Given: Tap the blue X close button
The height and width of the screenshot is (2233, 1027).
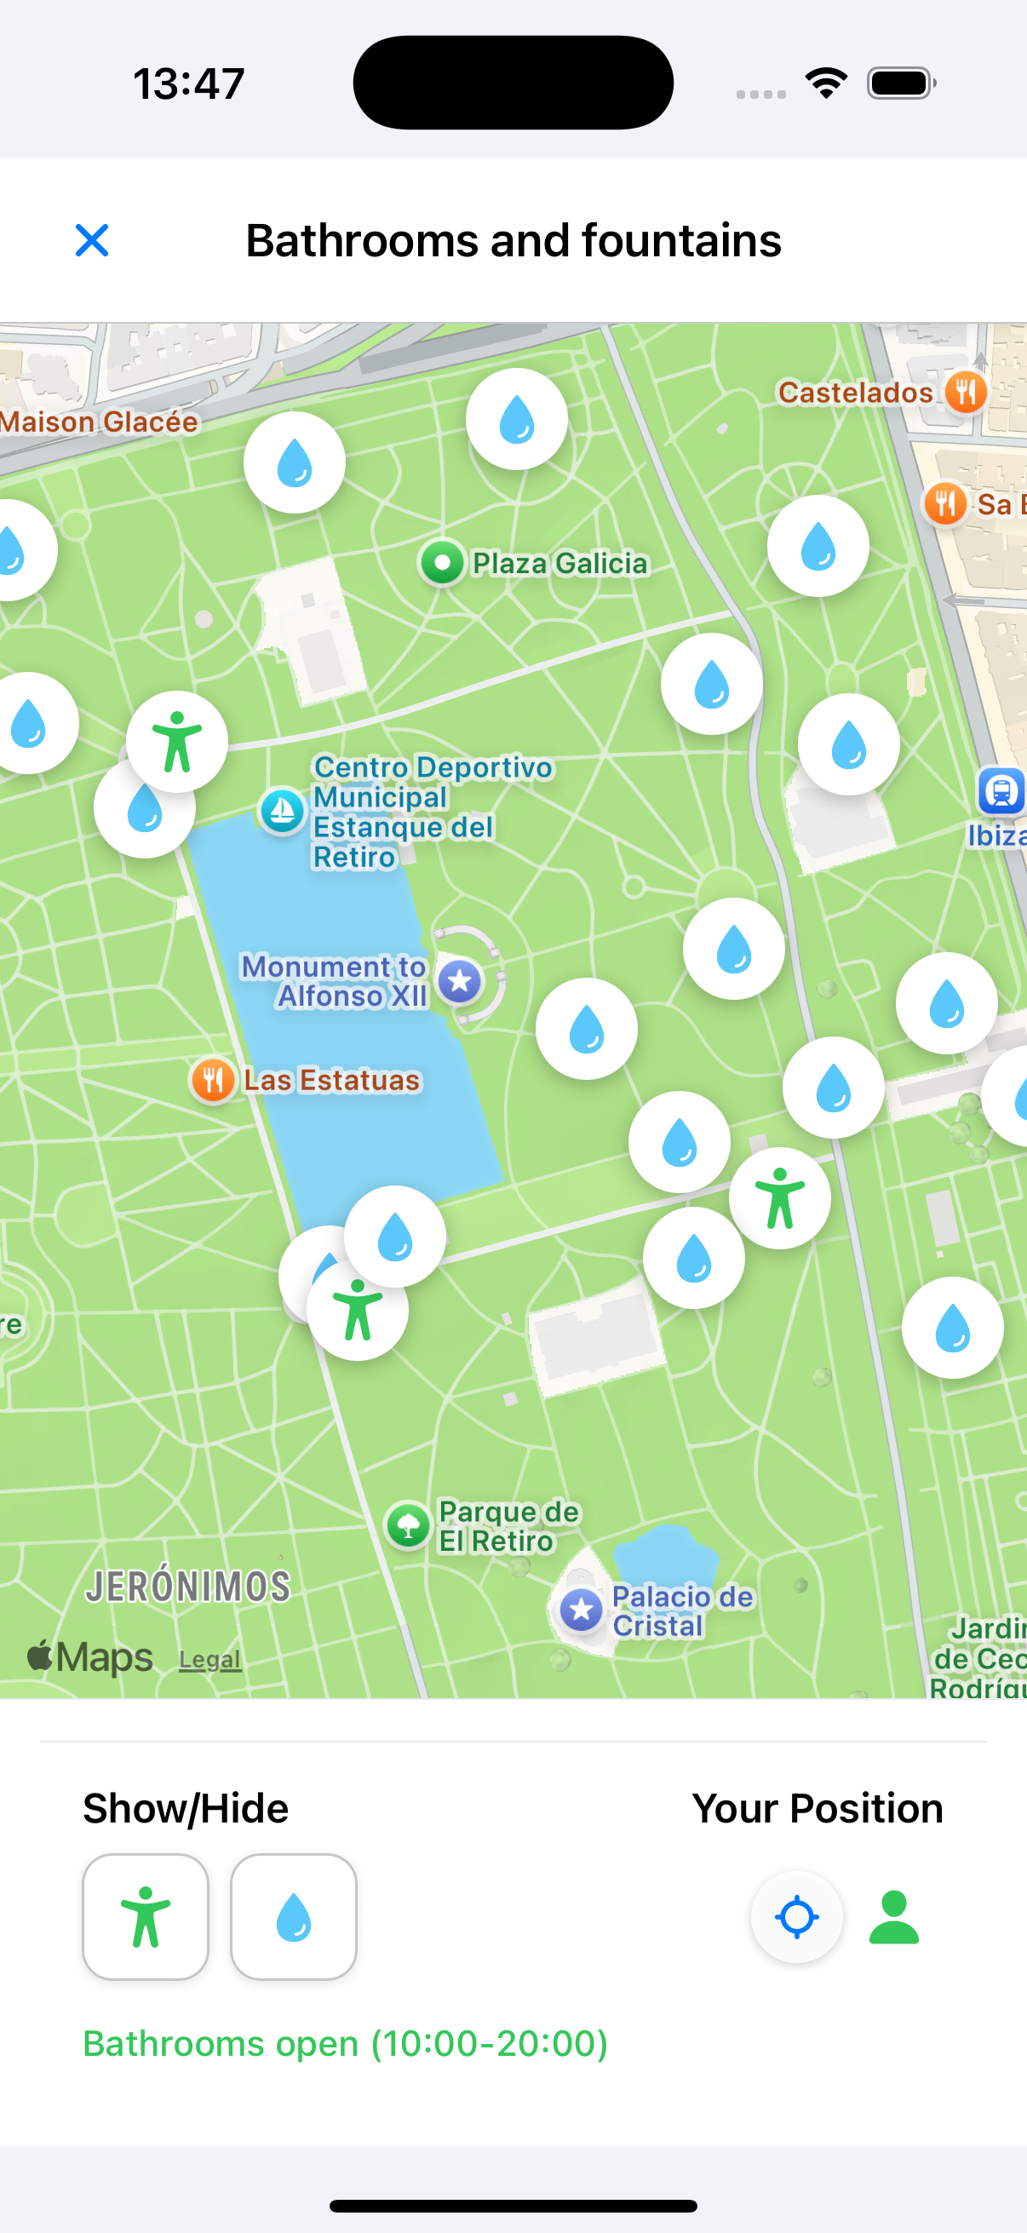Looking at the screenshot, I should (x=92, y=240).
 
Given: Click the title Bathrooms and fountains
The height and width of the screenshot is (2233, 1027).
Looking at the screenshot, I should (x=513, y=240).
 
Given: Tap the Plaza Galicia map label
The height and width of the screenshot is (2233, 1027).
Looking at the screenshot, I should (x=559, y=564).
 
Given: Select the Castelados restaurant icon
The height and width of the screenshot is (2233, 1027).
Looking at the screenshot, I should (x=965, y=393).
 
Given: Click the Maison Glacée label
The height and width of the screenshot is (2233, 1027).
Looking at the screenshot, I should (x=98, y=422).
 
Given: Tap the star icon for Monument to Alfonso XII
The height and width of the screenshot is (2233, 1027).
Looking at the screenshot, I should (x=459, y=981).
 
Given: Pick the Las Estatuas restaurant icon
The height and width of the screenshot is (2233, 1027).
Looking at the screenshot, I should (x=212, y=1080).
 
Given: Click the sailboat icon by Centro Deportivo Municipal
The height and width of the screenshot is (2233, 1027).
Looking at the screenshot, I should (x=283, y=812).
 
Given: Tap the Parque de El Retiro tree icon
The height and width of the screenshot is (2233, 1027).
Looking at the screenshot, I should (x=408, y=1525).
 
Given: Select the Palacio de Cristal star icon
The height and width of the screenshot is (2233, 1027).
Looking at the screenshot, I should (x=581, y=1610).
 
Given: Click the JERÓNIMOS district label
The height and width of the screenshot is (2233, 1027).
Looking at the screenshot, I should (x=187, y=1587).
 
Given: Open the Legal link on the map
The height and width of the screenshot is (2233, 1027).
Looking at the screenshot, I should (x=209, y=1660).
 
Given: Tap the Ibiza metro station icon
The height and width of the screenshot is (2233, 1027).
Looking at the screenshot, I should (x=1001, y=790).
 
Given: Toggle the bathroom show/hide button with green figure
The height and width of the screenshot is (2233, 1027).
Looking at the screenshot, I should (x=146, y=1916).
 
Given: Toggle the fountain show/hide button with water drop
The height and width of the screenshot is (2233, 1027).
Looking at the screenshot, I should (x=294, y=1916).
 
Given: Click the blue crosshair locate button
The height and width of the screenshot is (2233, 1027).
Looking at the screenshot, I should (x=796, y=1916).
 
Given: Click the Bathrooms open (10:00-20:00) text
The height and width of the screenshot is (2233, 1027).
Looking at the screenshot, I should (x=345, y=2043).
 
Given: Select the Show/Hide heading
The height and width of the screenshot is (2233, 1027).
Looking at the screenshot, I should (x=186, y=1808).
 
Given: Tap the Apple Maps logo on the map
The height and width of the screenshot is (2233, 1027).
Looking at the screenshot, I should (x=90, y=1657).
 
